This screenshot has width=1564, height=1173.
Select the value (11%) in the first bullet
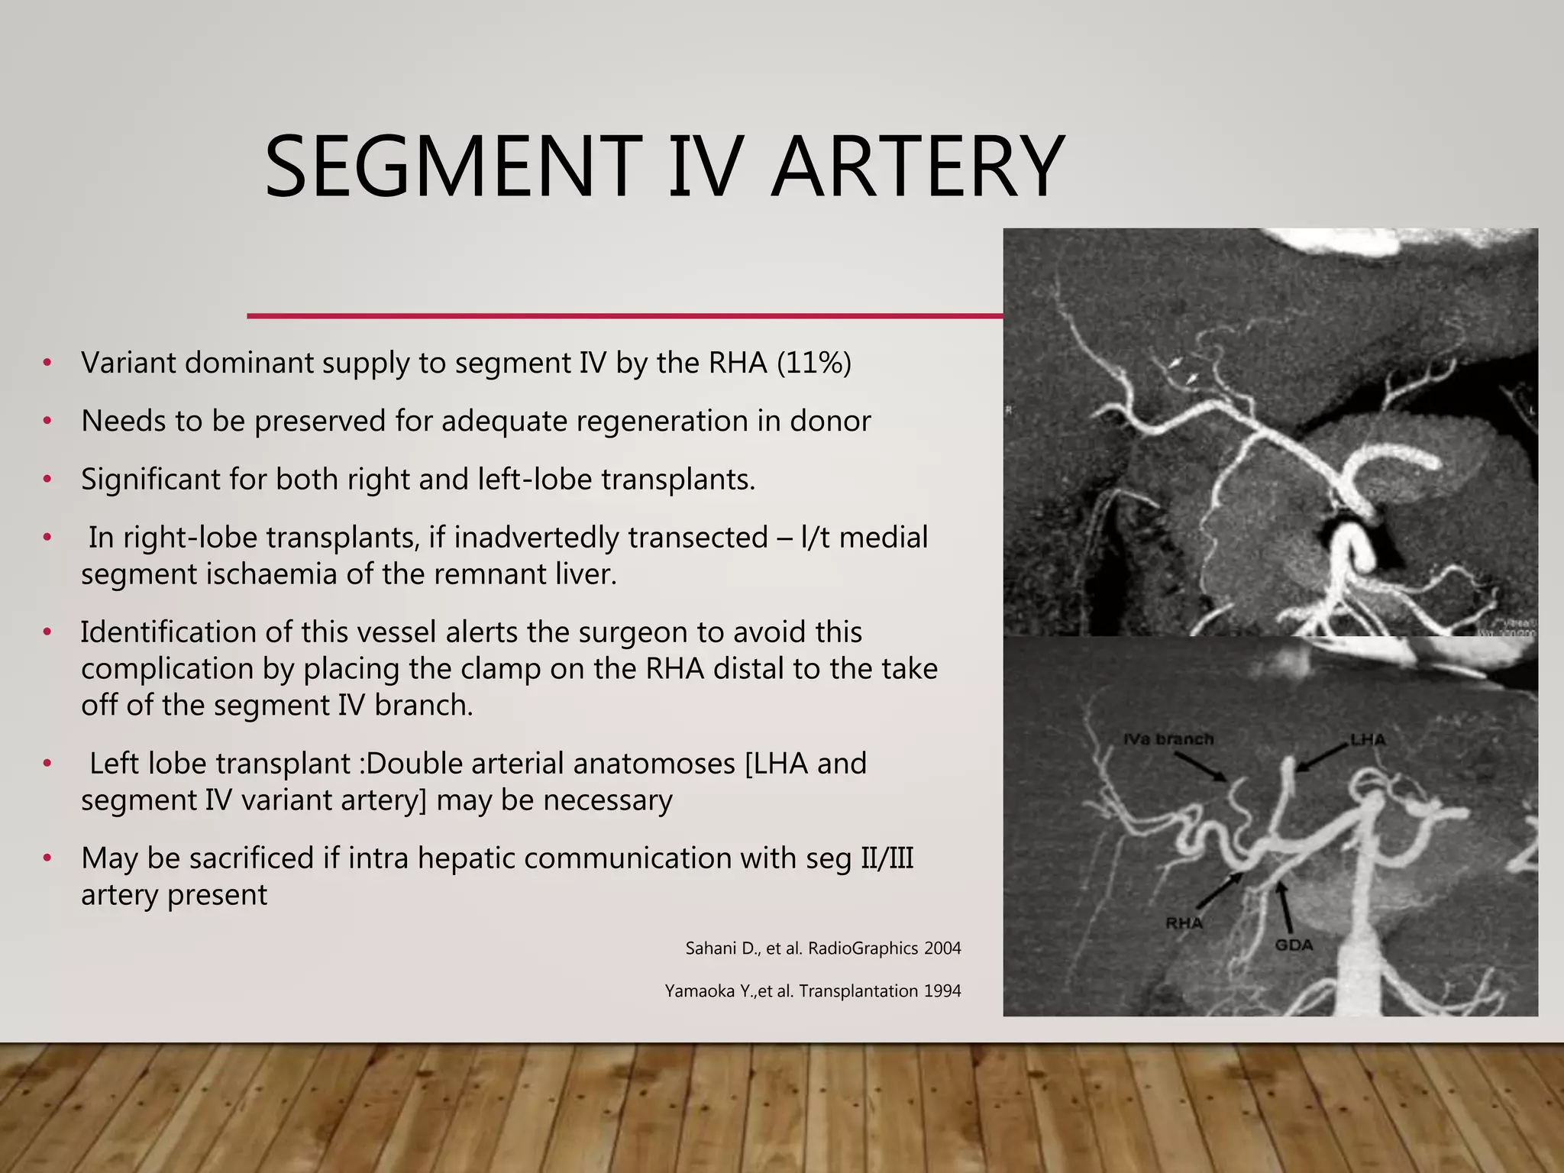pyautogui.click(x=813, y=363)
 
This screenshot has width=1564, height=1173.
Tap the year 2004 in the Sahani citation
pyautogui.click(x=942, y=948)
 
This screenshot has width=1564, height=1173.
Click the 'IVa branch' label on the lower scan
pyautogui.click(x=1168, y=739)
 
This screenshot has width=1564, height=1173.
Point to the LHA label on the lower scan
pyautogui.click(x=1367, y=739)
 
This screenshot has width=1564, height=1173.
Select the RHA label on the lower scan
pyautogui.click(x=1184, y=923)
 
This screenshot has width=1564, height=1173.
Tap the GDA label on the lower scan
pyautogui.click(x=1294, y=945)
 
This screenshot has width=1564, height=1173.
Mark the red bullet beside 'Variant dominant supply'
pyautogui.click(x=47, y=363)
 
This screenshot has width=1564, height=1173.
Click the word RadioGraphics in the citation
pyautogui.click(x=863, y=948)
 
